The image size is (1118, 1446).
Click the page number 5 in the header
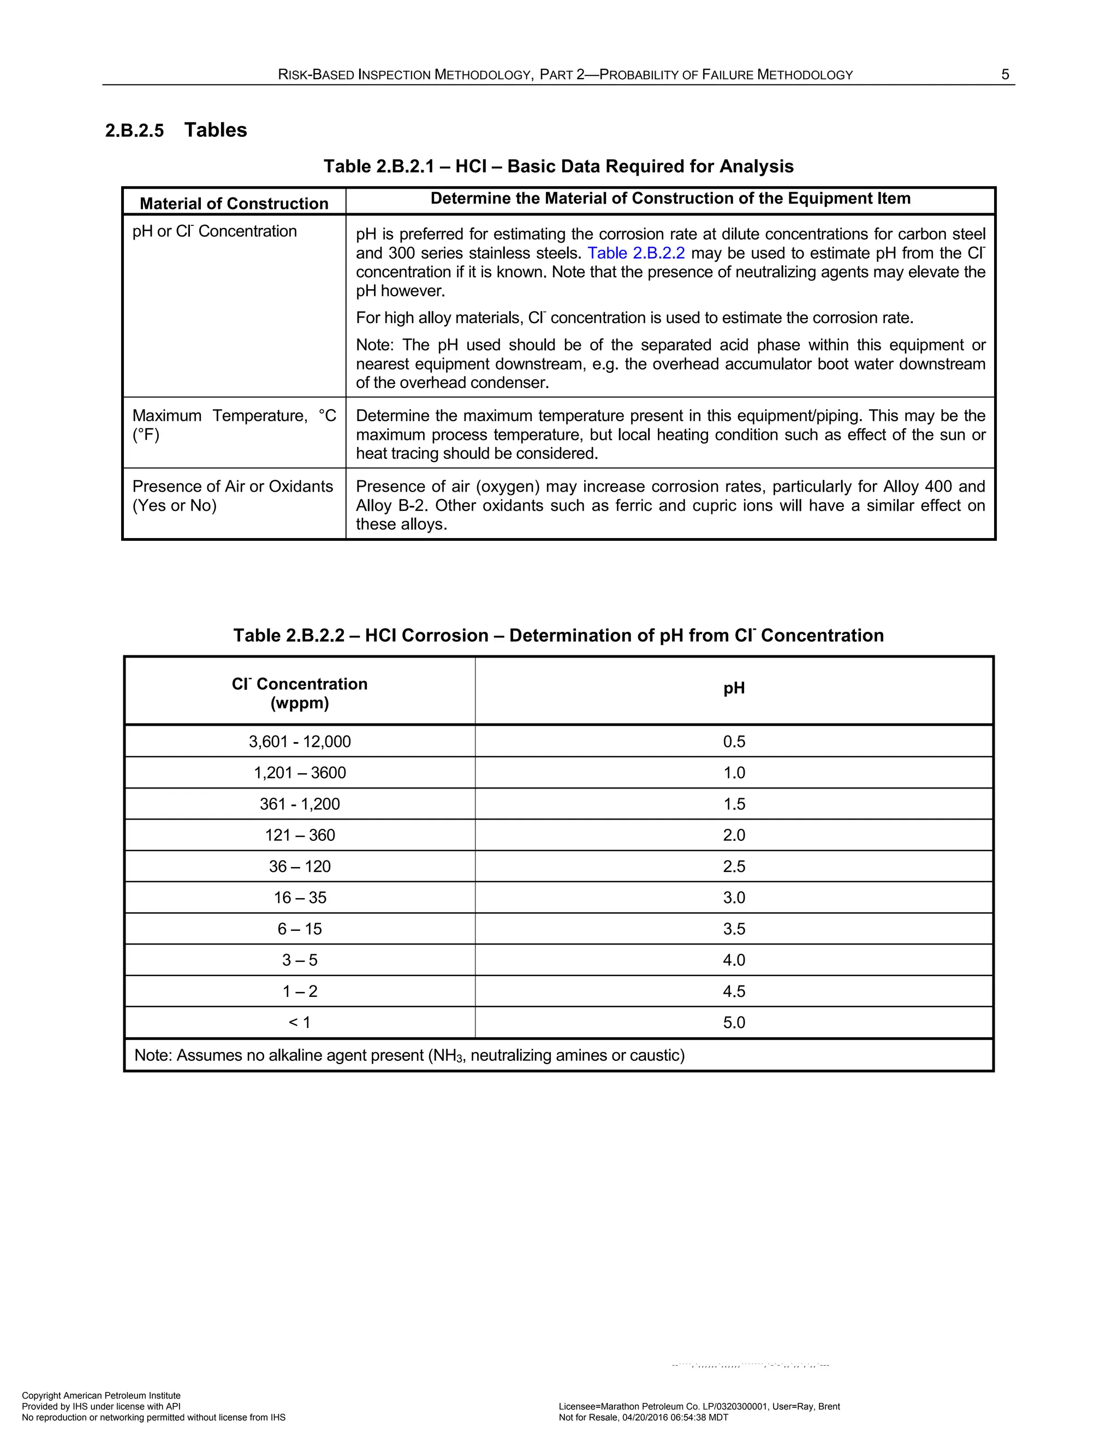pos(1005,75)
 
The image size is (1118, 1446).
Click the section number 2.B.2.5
pos(134,130)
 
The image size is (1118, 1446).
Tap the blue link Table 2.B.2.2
pos(636,254)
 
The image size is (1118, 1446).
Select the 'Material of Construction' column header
pos(234,204)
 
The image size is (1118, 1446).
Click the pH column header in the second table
pos(734,689)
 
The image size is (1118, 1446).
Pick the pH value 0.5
pos(734,742)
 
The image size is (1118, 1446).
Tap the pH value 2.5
pos(734,867)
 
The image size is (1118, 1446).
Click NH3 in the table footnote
pos(448,1055)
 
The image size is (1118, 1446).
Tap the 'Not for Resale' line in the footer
pos(643,1418)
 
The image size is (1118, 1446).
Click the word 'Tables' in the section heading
pos(215,130)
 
